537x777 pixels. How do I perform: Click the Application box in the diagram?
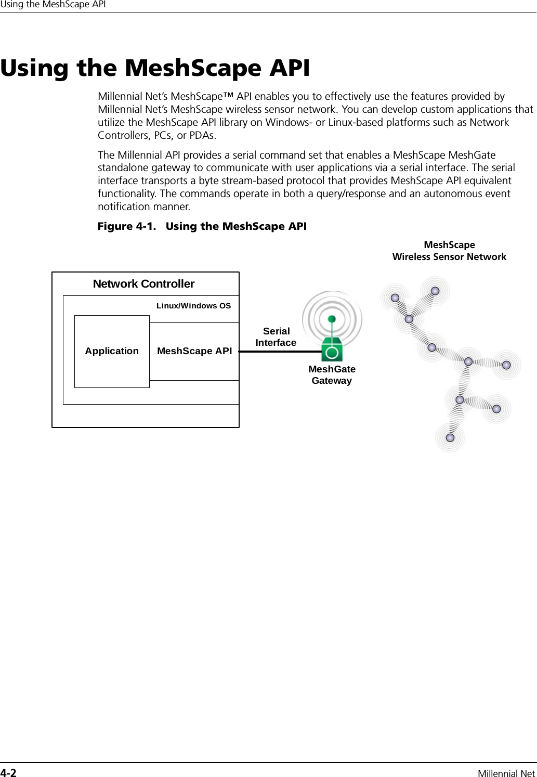point(112,351)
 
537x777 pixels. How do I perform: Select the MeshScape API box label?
point(194,351)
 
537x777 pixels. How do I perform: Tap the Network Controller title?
point(143,284)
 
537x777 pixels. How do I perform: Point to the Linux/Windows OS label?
point(193,306)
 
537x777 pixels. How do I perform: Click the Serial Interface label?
point(276,337)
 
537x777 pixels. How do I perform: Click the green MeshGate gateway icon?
point(332,349)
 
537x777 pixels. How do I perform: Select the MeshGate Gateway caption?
point(332,375)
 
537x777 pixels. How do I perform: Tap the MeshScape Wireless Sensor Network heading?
point(449,251)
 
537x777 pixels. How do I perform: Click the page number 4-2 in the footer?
point(8,773)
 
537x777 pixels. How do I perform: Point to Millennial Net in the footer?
point(506,773)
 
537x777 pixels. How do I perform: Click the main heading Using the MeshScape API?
point(155,68)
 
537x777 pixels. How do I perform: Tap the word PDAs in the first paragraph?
point(201,136)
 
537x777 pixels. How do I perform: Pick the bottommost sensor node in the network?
point(450,438)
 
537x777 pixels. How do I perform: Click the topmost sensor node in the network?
point(435,291)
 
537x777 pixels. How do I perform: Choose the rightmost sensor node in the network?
point(507,365)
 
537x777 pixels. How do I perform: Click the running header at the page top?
point(53,5)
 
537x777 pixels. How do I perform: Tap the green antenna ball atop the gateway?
point(332,318)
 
